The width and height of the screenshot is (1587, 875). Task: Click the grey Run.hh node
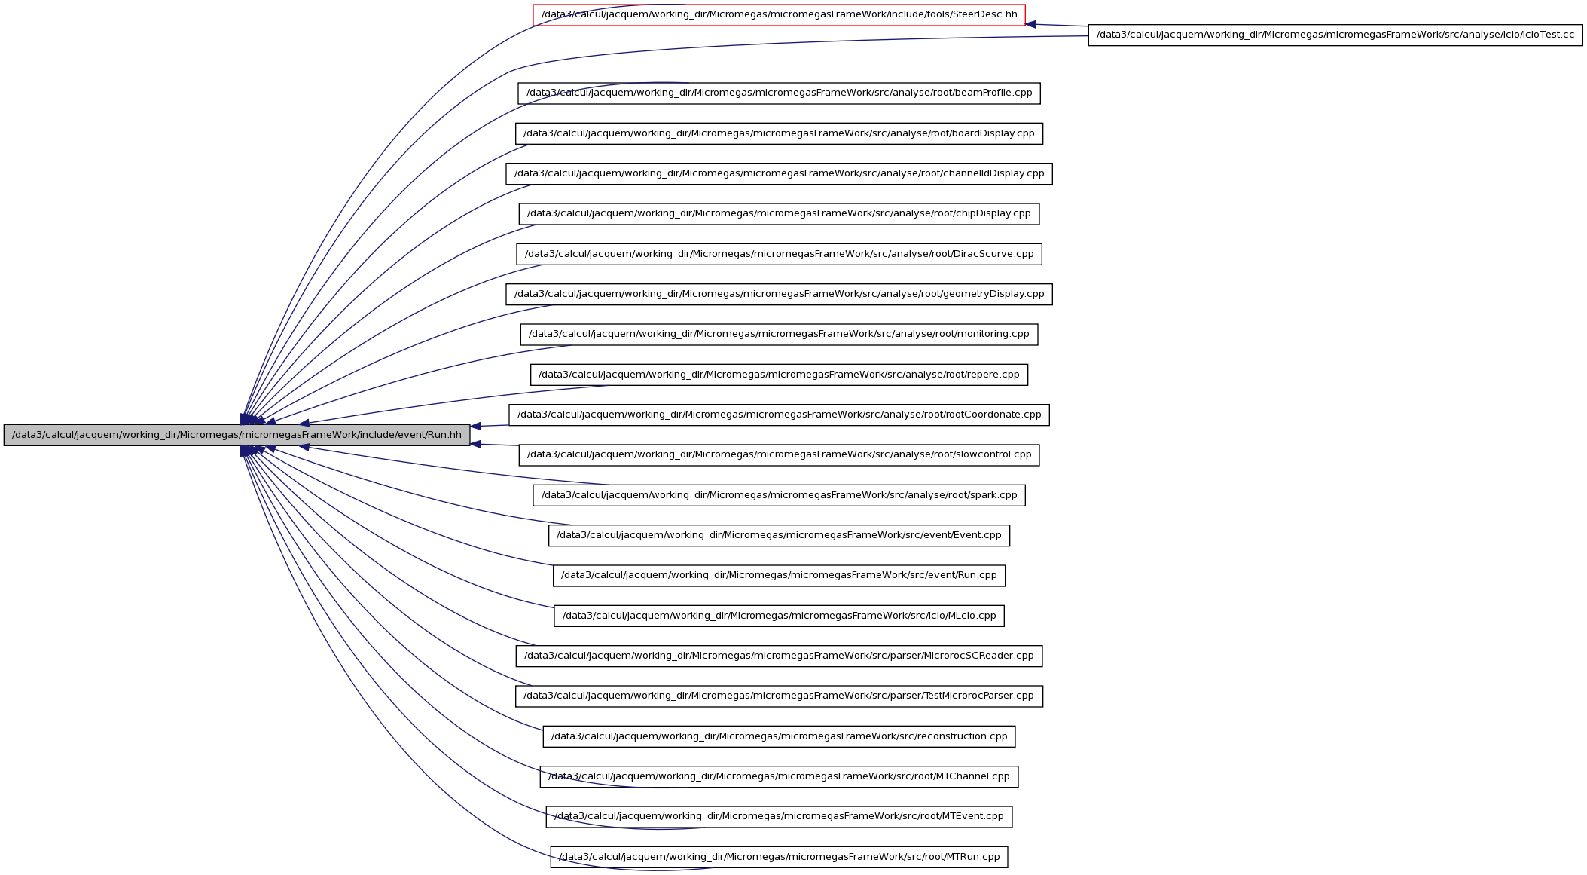(237, 435)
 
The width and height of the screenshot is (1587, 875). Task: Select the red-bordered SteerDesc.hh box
(779, 15)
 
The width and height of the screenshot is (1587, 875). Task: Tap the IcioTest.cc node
(1335, 35)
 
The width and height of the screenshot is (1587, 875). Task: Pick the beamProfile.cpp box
(779, 93)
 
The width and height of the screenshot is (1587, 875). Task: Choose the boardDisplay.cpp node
(779, 133)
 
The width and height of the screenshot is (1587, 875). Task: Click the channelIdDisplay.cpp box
(779, 173)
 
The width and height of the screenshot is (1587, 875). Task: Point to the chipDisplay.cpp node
(779, 214)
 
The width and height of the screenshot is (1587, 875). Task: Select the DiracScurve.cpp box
(779, 254)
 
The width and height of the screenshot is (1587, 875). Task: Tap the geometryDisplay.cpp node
(779, 294)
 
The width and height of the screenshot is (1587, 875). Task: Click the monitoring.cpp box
(779, 335)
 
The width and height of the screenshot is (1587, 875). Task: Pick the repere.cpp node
(779, 375)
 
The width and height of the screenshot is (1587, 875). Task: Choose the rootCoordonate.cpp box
(779, 415)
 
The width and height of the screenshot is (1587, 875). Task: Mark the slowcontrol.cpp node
(779, 455)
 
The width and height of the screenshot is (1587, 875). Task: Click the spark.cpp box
(779, 495)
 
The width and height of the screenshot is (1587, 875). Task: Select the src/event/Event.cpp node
(779, 535)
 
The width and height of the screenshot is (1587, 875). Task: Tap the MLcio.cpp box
(779, 616)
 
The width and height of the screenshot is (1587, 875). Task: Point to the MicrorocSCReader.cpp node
(779, 656)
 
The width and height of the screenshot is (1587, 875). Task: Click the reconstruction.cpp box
(779, 736)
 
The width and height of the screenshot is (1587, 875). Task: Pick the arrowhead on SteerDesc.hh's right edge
(1030, 24)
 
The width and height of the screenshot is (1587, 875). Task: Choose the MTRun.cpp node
(779, 857)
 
